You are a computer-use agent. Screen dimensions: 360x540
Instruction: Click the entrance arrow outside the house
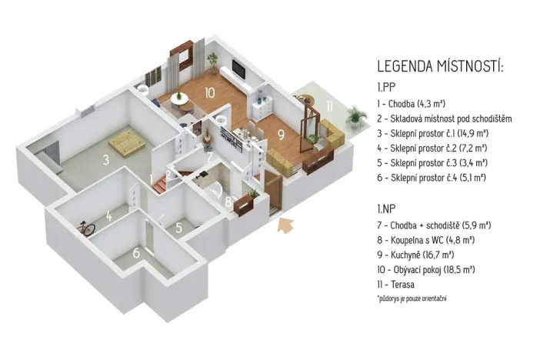pos(286,225)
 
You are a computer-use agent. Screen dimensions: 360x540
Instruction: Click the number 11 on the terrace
pos(328,106)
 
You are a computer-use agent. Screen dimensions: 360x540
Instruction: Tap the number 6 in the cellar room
pos(136,253)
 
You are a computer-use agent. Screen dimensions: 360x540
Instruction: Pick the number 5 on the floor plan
pos(178,227)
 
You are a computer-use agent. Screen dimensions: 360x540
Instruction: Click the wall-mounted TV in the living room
pos(239,71)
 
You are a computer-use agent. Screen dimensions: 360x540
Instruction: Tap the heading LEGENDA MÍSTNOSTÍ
pos(440,67)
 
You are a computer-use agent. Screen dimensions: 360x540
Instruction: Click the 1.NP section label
pos(386,208)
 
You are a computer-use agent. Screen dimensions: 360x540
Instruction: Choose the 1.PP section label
pos(386,86)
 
